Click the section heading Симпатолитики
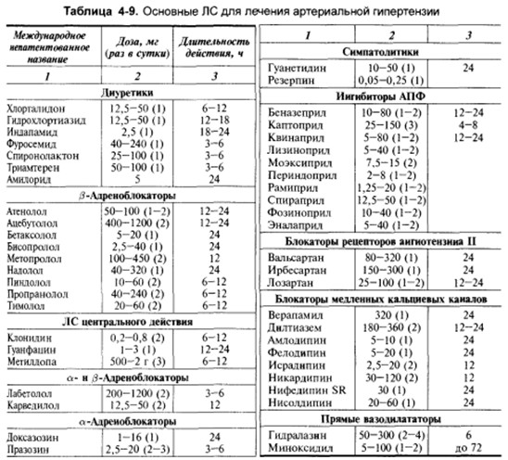(384, 51)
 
